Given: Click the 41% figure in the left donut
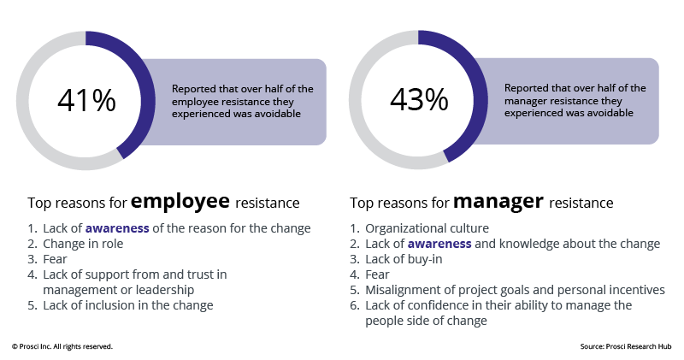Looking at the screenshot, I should pyautogui.click(x=86, y=100).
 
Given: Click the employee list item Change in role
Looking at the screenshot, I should pyautogui.click(x=77, y=244).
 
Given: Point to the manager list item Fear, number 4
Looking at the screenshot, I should pyautogui.click(x=378, y=274).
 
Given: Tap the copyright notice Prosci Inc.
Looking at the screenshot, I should pyautogui.click(x=62, y=346).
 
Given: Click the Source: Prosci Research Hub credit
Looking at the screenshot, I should pyautogui.click(x=625, y=346).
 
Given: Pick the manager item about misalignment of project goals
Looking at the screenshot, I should pyautogui.click(x=515, y=290).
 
